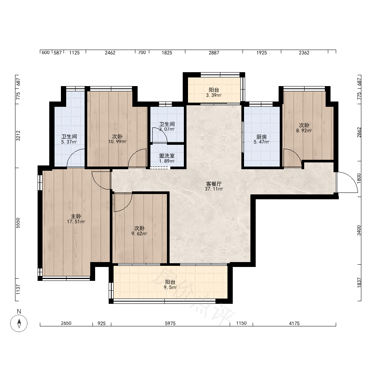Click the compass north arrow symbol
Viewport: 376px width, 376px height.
click(x=19, y=323)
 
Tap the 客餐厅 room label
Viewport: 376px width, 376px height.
click(x=214, y=184)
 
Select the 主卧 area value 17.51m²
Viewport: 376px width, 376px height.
click(x=76, y=221)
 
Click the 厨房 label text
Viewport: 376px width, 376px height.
click(x=261, y=137)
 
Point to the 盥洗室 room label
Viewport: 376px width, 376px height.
click(x=167, y=156)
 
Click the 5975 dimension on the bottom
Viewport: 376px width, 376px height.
click(x=170, y=323)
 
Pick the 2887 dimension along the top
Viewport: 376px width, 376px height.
click(x=214, y=53)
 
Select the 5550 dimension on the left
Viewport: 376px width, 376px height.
click(x=18, y=223)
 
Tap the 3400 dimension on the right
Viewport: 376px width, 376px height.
click(x=359, y=230)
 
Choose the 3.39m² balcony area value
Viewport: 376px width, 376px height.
click(x=214, y=95)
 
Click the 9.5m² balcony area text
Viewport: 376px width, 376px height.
click(x=170, y=287)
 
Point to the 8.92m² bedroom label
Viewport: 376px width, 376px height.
click(x=304, y=131)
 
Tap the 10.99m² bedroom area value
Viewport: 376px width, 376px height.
click(x=117, y=141)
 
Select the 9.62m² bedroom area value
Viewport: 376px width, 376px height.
click(x=139, y=233)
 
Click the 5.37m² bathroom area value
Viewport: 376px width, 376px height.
click(x=69, y=142)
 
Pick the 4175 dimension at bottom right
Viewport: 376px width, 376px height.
click(x=294, y=323)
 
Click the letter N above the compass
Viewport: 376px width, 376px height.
click(x=19, y=311)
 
